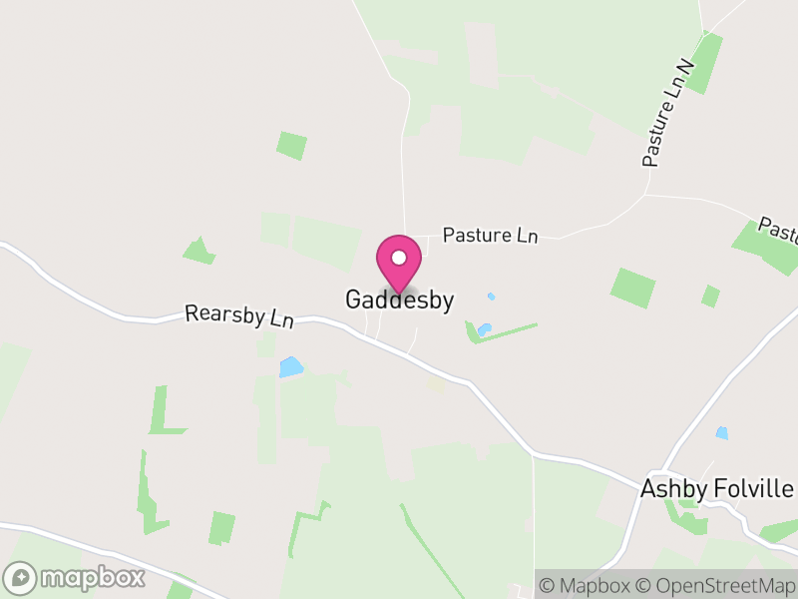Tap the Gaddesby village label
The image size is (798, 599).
pos(399,299)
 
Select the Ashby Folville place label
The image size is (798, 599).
pos(716,489)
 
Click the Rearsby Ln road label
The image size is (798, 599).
pos(239,316)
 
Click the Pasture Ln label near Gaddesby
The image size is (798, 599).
pos(490,236)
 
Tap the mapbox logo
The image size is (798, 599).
pos(75,577)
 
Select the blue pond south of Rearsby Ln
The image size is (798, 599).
pos(290,367)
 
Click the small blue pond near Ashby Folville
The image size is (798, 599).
pos(721,433)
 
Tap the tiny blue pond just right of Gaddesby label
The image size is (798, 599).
pos(490,297)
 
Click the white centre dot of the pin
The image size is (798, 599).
pos(399,258)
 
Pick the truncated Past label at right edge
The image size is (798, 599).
pos(779,229)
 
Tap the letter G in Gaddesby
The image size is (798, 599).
pos(353,299)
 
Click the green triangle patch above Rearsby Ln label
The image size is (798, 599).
pos(199,252)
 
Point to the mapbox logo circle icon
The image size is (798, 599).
pos(20,577)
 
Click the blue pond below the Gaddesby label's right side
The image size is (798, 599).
pos(483,328)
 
